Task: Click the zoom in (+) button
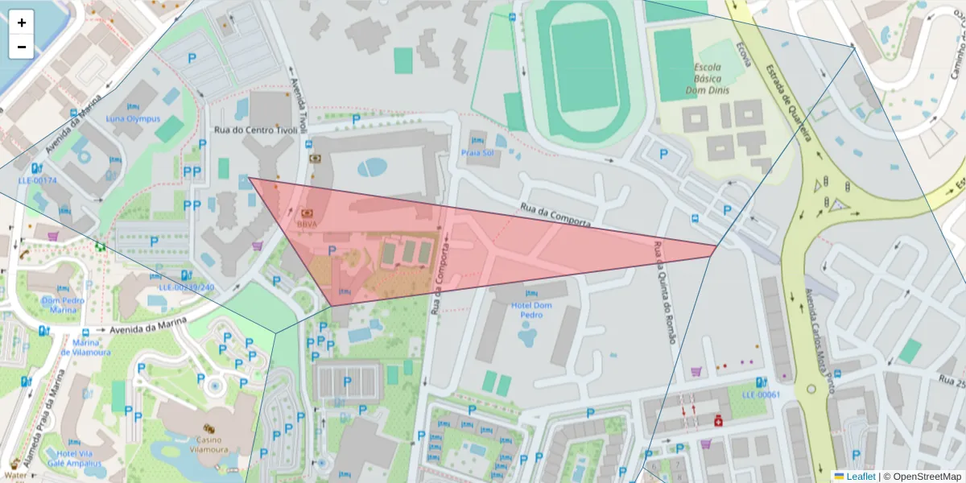pos(22,23)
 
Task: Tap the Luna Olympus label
pos(133,119)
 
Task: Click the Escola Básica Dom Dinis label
pos(706,80)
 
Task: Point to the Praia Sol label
pos(477,152)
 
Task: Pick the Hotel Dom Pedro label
pos(531,310)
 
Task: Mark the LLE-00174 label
pos(37,180)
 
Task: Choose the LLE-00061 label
pos(761,394)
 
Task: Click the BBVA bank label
pos(307,224)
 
